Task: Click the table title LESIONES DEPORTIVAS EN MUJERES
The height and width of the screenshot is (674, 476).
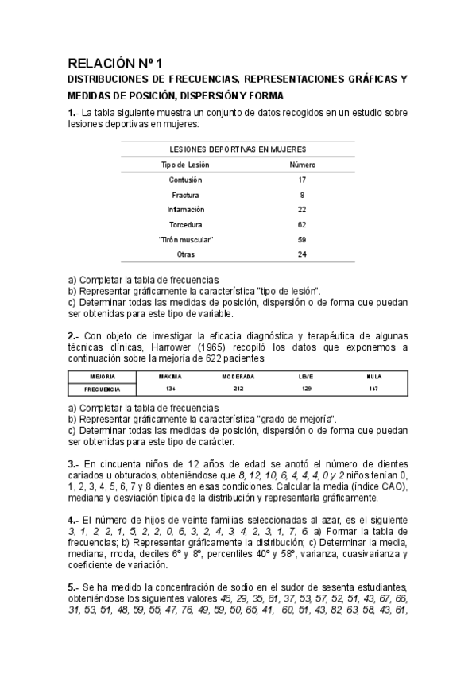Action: point(238,149)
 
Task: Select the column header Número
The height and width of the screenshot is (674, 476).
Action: point(302,165)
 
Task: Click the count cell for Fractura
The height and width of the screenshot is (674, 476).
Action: point(302,195)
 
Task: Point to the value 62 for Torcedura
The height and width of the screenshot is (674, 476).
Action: point(302,225)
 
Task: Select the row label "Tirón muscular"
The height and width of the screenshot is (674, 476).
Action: point(185,239)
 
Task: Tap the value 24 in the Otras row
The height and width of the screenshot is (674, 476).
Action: point(302,254)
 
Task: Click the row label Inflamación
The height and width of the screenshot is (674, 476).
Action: point(185,210)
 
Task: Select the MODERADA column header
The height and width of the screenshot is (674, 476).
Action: point(238,376)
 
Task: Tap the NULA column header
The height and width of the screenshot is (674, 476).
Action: point(373,376)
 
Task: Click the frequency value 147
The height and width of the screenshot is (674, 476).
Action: point(373,389)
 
